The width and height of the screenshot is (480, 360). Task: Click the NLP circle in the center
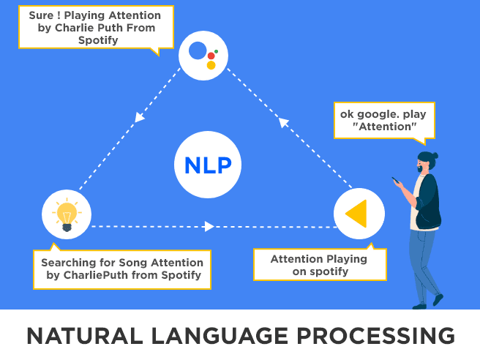click(208, 165)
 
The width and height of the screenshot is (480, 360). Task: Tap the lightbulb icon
click(67, 214)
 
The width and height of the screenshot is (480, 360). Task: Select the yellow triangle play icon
click(357, 213)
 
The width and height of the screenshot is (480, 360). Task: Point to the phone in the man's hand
click(395, 180)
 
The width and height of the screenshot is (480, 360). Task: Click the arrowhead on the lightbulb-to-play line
click(210, 227)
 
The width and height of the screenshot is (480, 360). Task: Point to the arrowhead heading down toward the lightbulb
click(139, 116)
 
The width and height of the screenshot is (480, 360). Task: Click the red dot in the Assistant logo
click(211, 56)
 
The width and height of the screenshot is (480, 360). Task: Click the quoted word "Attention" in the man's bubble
click(384, 127)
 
